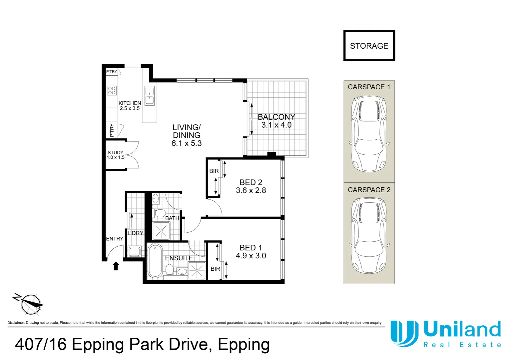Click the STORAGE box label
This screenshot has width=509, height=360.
[x=369, y=46]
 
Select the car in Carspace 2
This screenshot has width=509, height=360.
[x=369, y=236]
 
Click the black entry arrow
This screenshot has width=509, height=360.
[x=116, y=266]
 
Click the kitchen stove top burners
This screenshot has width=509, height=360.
[x=112, y=90]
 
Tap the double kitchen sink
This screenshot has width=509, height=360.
[x=150, y=96]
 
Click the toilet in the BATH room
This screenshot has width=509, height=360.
[x=160, y=213]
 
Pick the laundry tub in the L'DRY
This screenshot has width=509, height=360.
[x=134, y=252]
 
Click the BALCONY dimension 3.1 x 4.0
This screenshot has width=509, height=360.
[x=276, y=125]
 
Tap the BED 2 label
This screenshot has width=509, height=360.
[x=251, y=182]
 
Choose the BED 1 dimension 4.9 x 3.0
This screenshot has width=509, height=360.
[x=251, y=256]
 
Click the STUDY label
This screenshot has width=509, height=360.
[x=116, y=152]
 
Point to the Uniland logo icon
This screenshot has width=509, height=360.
[x=404, y=333]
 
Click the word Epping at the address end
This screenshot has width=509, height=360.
[x=244, y=345]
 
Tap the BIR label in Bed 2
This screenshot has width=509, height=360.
[x=214, y=171]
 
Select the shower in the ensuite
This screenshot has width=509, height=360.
[x=197, y=271]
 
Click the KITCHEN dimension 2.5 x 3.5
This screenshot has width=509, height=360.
[x=130, y=108]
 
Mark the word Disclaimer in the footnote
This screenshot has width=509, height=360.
[x=16, y=322]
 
